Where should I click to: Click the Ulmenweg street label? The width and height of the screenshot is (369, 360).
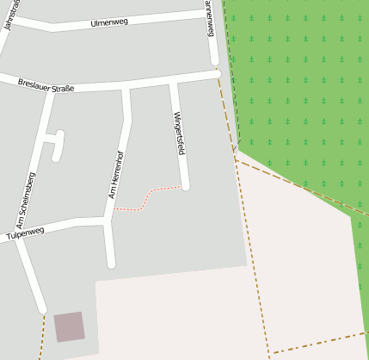(108, 22)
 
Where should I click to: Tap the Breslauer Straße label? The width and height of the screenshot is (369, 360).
(46, 84)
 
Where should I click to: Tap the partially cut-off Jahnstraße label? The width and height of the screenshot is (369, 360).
(11, 15)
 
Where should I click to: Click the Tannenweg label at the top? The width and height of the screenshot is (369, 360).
(210, 17)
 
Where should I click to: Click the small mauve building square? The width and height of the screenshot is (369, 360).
(70, 327)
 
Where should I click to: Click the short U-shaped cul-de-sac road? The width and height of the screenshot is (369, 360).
(57, 144)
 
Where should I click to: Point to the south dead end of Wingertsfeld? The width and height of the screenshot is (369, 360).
(185, 185)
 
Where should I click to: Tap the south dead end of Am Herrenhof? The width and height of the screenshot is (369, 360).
(110, 264)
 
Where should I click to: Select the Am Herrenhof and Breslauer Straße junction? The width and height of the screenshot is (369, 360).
(126, 87)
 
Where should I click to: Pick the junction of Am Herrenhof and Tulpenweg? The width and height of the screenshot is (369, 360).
(107, 221)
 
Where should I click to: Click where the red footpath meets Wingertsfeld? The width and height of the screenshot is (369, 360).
(183, 185)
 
